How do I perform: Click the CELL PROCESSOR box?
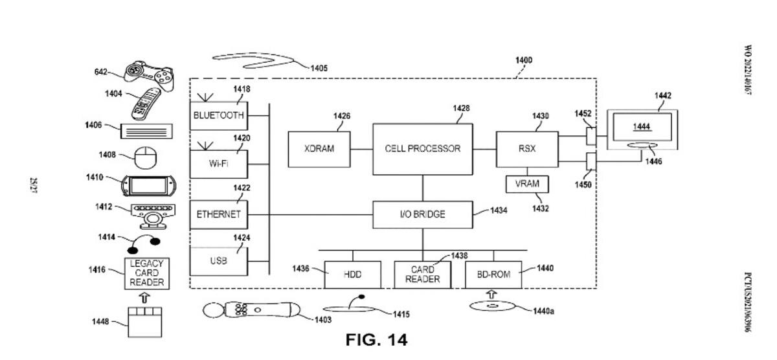coord(422,149)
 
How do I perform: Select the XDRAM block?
coord(319,149)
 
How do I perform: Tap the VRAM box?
coord(527,184)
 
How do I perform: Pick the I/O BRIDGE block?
coord(422,215)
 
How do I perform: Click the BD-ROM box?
coord(493,275)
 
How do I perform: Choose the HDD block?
coord(352,275)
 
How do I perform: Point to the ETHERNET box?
coord(219,215)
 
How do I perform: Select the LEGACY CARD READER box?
coord(147,273)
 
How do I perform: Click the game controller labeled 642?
coord(149,76)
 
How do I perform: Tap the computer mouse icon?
coord(145,157)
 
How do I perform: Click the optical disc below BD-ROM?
coord(491,306)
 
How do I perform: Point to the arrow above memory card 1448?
coord(144,298)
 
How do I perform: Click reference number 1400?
coord(523,60)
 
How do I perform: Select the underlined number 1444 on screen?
coord(642,127)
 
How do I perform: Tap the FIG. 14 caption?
coord(376,340)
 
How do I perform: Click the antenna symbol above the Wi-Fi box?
coord(205,146)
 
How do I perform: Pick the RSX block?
coord(527,149)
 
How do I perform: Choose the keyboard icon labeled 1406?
coord(146,131)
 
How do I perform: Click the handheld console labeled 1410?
coord(148,186)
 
